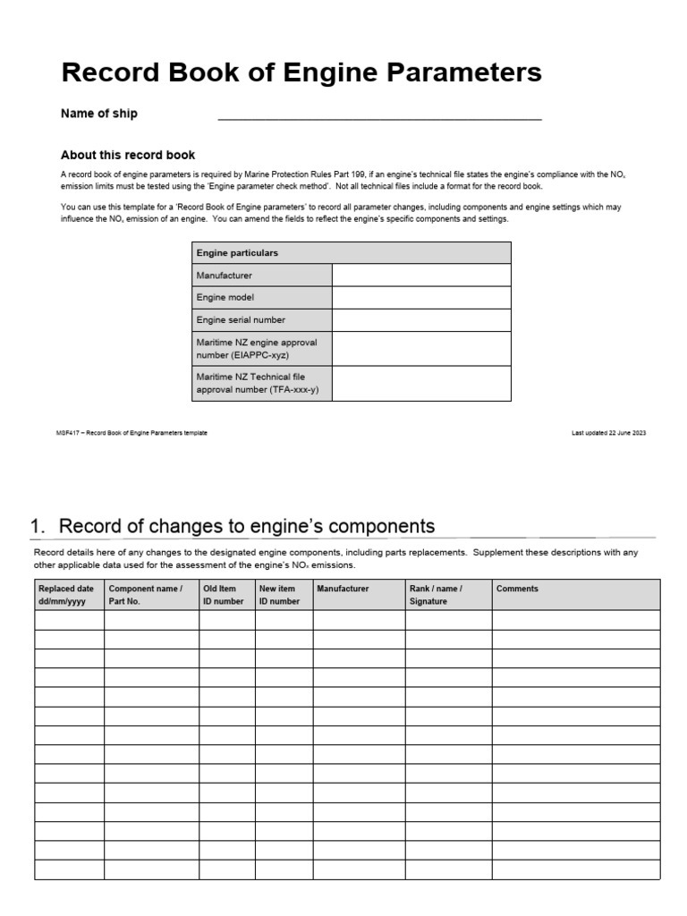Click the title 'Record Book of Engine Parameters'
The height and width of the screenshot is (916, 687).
click(x=301, y=72)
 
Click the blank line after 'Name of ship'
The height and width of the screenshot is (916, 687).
click(x=379, y=114)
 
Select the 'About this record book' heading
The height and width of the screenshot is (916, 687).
click(x=127, y=155)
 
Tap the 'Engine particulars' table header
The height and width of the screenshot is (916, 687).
click(x=237, y=253)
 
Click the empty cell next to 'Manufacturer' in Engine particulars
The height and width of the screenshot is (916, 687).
click(x=421, y=276)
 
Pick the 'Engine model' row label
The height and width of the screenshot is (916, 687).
click(x=225, y=298)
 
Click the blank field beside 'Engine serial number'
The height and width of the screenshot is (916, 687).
click(x=421, y=320)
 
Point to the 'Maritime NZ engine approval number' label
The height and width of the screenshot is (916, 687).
click(x=257, y=349)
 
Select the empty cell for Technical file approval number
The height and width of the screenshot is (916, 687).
click(x=421, y=384)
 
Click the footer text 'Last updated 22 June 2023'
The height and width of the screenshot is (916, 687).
click(x=608, y=433)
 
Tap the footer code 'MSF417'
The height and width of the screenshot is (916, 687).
click(x=68, y=433)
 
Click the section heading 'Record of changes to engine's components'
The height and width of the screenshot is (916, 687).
click(x=246, y=526)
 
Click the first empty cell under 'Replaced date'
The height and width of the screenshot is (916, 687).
click(x=69, y=620)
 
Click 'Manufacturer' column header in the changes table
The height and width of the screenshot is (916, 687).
click(x=343, y=589)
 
